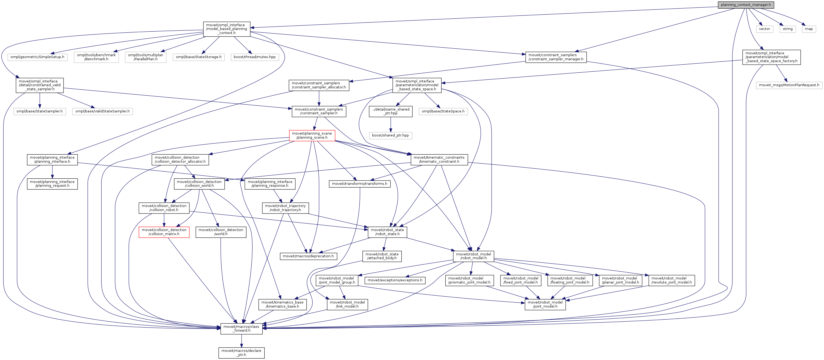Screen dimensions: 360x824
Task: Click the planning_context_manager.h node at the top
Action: [x=746, y=5]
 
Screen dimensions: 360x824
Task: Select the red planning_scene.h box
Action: [x=312, y=135]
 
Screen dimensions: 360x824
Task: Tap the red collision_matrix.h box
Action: [x=164, y=232]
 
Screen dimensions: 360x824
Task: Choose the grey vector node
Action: [x=764, y=29]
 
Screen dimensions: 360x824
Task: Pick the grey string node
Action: [x=788, y=29]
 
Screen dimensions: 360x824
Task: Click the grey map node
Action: [x=809, y=29]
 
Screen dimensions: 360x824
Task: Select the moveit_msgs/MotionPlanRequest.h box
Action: [x=789, y=85]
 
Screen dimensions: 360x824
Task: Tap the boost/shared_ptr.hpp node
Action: [x=390, y=135]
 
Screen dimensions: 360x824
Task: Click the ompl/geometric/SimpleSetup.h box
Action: [x=37, y=57]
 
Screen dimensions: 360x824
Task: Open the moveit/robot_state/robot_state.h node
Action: [x=387, y=232]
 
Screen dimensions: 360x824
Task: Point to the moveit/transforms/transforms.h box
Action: [x=359, y=184]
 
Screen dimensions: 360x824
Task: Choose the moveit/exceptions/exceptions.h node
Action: [x=395, y=280]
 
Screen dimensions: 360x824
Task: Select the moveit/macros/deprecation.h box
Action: [x=308, y=256]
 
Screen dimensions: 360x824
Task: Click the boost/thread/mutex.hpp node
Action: [x=254, y=57]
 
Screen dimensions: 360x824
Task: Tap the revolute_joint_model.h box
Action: [x=671, y=280]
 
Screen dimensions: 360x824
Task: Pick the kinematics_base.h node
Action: [x=282, y=304]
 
